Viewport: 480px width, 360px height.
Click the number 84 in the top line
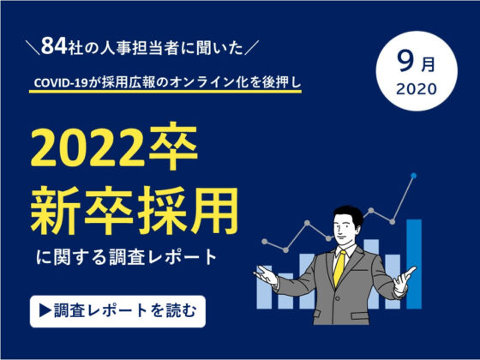click(54, 45)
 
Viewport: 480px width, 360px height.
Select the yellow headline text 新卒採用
click(134, 211)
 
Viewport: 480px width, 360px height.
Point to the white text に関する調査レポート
click(127, 257)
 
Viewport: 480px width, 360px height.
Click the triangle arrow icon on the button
click(45, 311)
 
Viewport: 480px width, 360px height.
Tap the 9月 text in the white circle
click(417, 62)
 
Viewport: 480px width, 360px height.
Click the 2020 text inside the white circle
click(417, 89)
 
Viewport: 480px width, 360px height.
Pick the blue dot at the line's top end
click(414, 176)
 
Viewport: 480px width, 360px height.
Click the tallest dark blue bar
click(414, 264)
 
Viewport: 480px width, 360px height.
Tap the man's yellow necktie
click(339, 269)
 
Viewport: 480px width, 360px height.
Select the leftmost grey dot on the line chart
click(265, 242)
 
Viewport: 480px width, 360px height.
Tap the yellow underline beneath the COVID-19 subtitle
click(165, 91)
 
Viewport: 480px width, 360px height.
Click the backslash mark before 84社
click(33, 48)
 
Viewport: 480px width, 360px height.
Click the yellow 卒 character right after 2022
click(173, 147)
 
